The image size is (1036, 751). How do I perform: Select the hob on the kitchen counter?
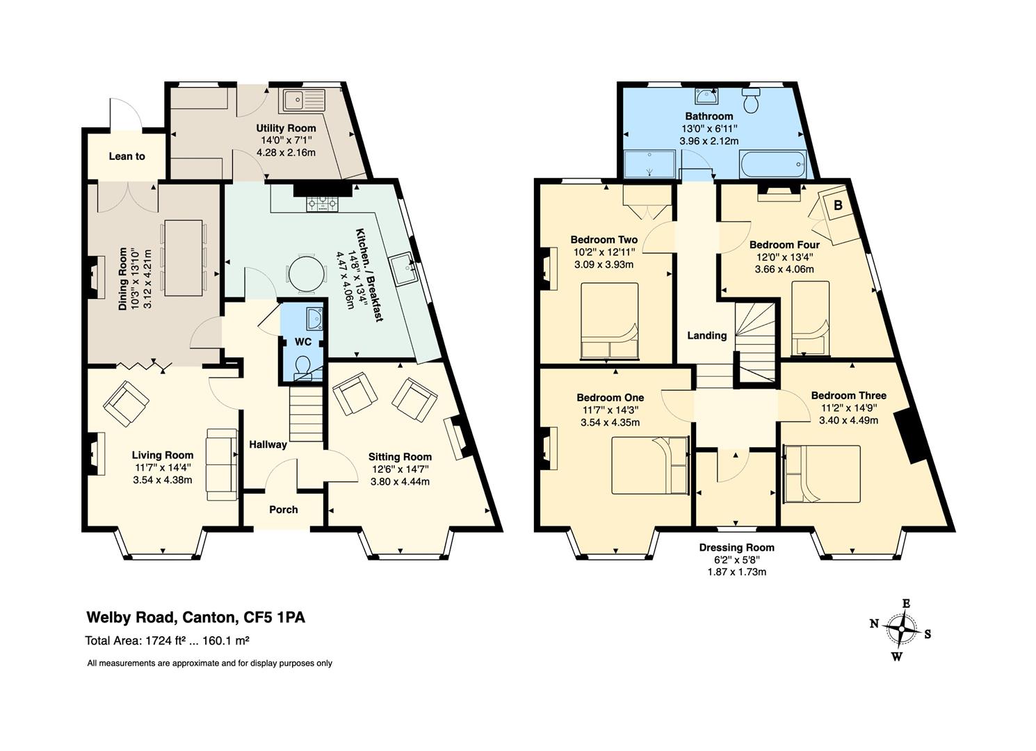323,204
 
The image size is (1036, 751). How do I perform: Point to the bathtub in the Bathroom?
773,163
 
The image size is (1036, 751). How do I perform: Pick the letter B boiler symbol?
838,204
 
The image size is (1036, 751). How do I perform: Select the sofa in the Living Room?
222,465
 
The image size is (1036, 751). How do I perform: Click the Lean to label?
127,156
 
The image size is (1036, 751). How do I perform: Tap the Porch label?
284,510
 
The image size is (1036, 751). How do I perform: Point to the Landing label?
706,336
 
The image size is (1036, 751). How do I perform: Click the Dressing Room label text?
737,547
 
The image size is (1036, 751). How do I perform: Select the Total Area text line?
168,641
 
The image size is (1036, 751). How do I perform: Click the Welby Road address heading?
196,617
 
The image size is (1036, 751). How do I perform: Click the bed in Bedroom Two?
610,321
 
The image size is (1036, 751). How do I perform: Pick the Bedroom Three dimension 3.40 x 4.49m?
849,421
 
